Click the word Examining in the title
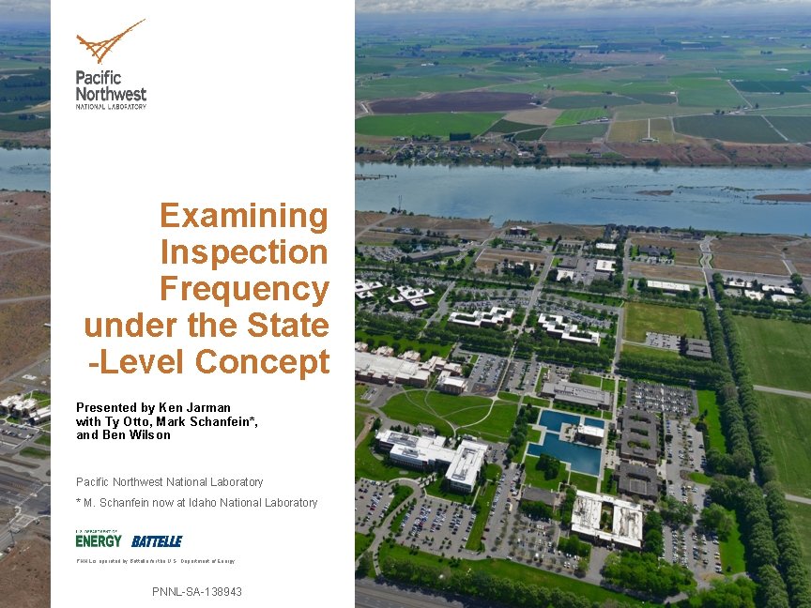(x=244, y=216)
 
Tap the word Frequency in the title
(x=244, y=289)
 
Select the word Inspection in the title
(x=244, y=252)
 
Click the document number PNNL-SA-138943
(x=197, y=592)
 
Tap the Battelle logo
(x=157, y=541)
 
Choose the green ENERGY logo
(x=99, y=540)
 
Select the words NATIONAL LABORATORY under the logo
(x=111, y=106)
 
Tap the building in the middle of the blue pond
(x=590, y=433)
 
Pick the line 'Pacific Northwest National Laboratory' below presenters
(x=170, y=482)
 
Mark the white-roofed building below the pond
(x=606, y=519)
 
